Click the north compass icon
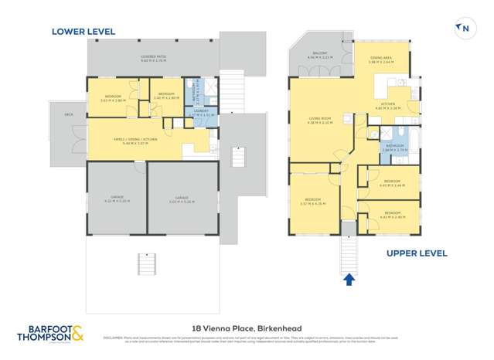(x=464, y=29)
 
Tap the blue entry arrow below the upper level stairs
(x=349, y=279)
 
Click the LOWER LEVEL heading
(x=83, y=32)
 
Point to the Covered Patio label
(x=154, y=58)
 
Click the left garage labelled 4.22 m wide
(x=116, y=199)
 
